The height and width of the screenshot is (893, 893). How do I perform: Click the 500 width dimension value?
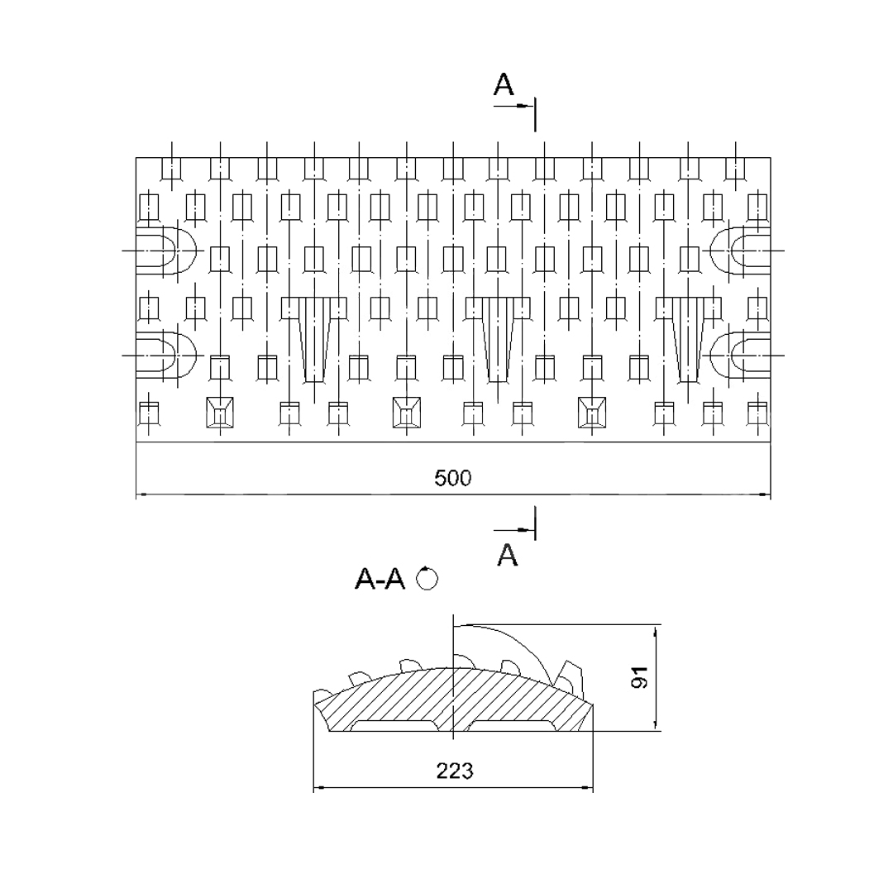click(x=453, y=478)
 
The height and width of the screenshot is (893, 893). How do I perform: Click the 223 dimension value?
click(x=455, y=771)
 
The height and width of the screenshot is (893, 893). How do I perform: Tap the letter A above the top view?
click(x=504, y=85)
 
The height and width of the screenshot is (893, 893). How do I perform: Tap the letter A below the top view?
click(x=507, y=555)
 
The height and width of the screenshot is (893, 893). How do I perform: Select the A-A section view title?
click(x=380, y=579)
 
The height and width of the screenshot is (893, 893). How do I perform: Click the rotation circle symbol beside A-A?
click(x=427, y=579)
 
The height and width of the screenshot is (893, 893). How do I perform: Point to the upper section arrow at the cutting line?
click(x=513, y=106)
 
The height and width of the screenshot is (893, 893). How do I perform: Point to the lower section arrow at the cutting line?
click(x=513, y=530)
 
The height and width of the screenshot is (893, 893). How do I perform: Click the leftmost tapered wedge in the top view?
click(x=314, y=339)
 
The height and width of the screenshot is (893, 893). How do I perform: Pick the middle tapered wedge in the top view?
click(x=499, y=339)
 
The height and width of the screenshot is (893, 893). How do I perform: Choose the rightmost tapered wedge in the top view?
click(x=689, y=339)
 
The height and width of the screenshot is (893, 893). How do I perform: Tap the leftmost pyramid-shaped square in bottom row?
click(x=219, y=413)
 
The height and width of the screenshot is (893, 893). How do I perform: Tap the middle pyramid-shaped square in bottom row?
click(x=407, y=413)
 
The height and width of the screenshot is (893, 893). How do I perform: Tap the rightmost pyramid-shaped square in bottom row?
click(x=592, y=413)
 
